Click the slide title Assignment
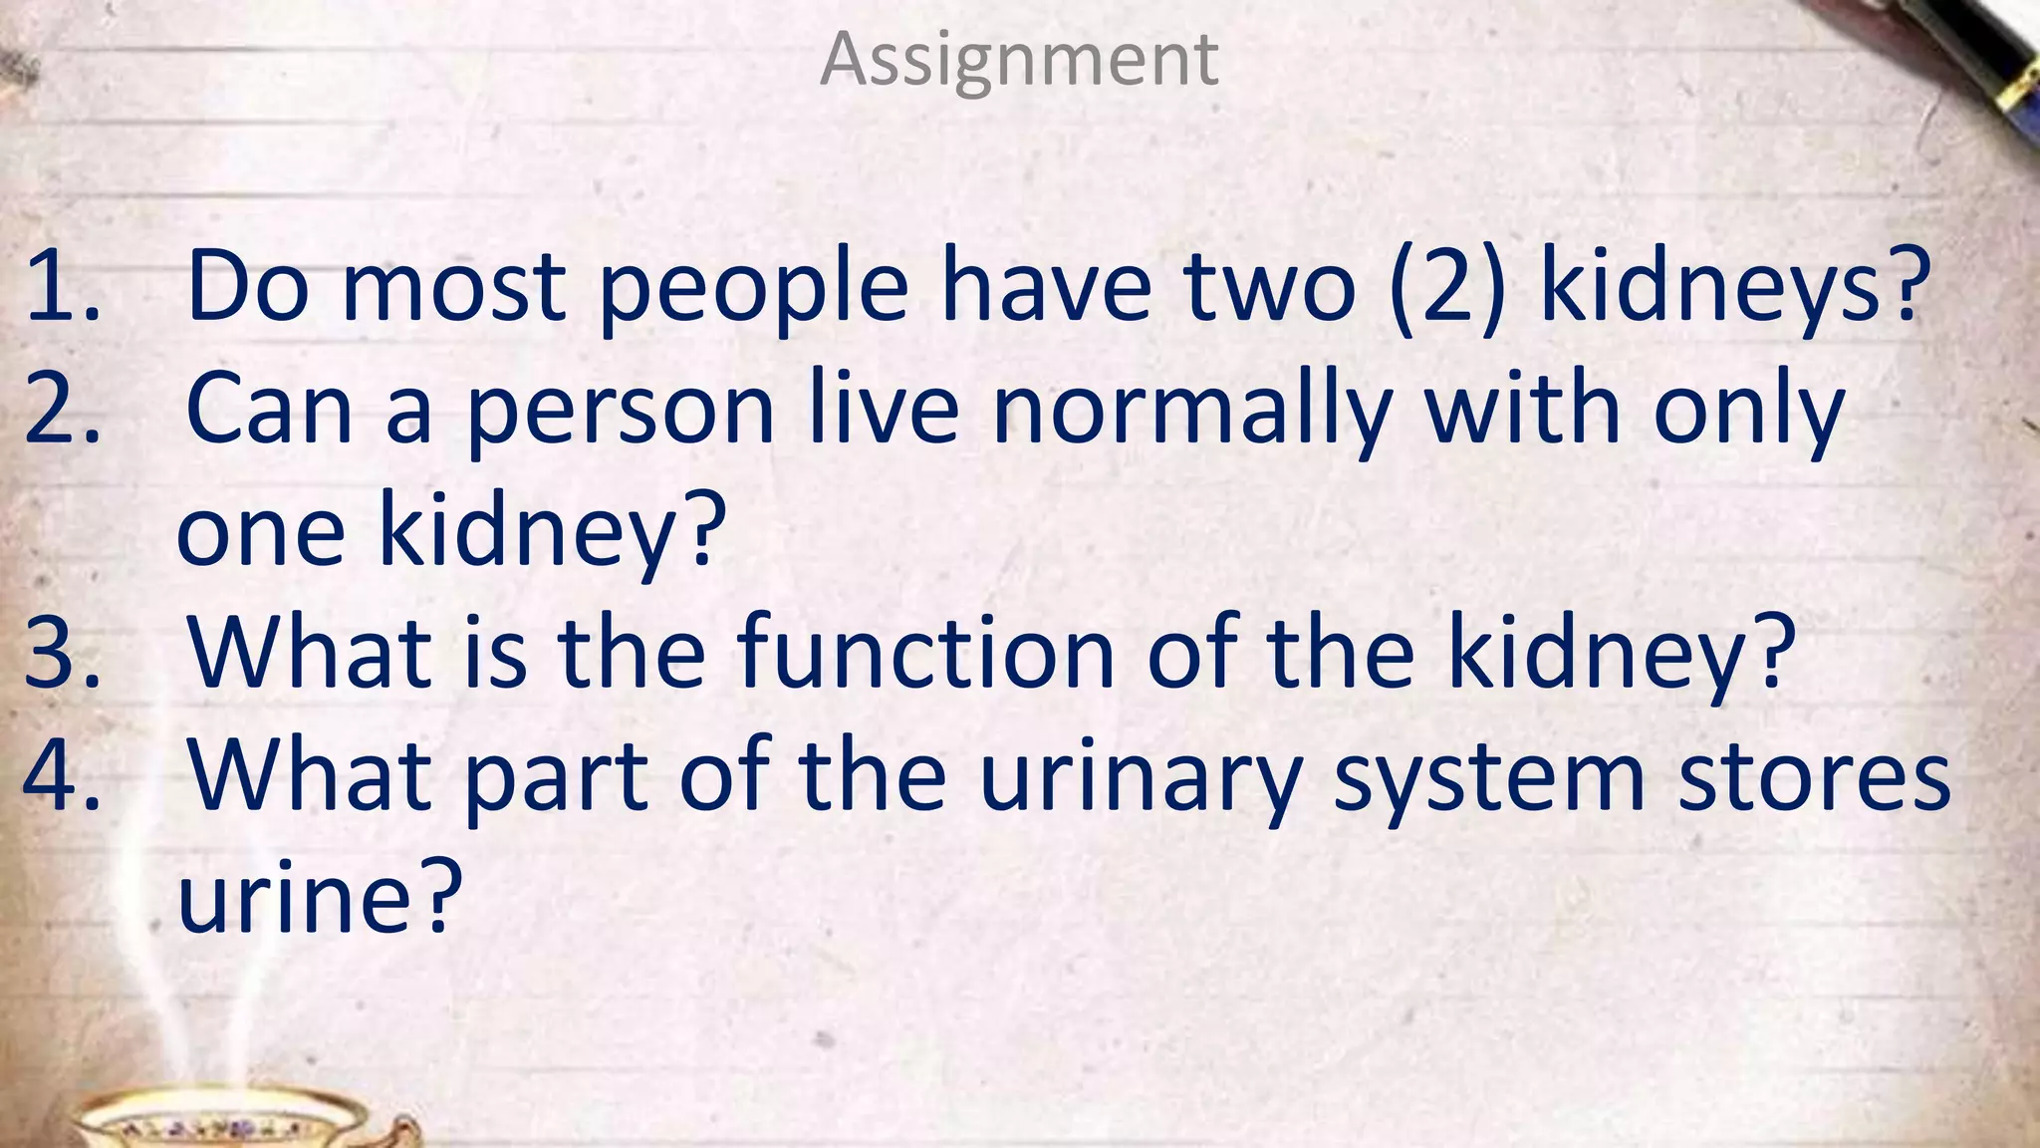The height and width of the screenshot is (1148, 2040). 1018,60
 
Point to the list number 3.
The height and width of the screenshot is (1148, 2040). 62,654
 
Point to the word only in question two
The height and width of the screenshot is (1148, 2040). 1749,411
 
